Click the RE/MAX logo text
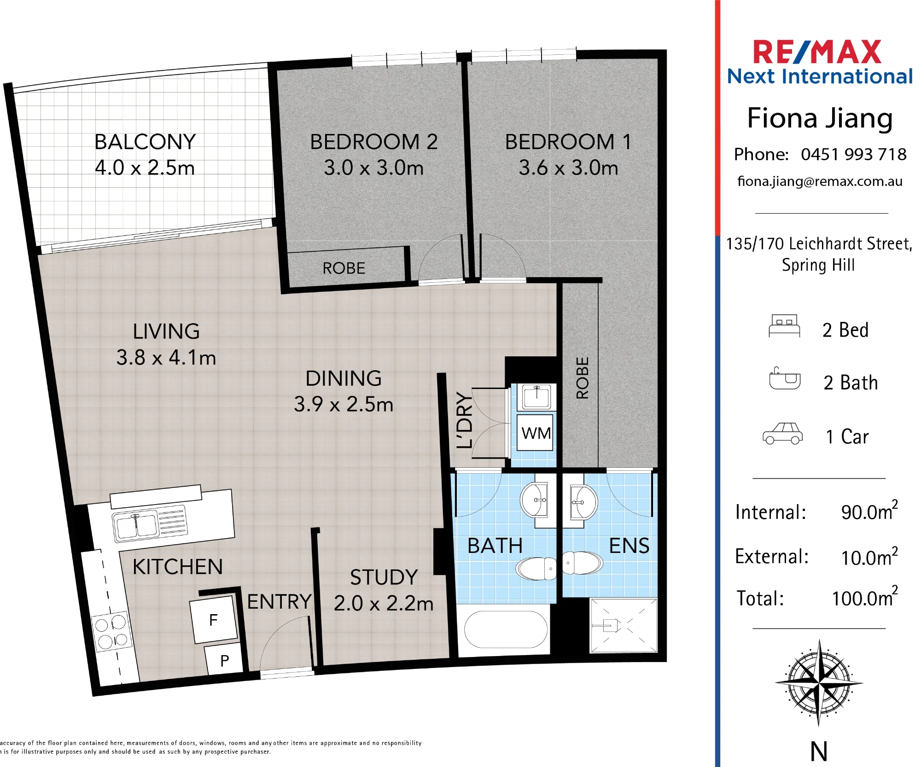click(817, 52)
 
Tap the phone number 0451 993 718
click(853, 154)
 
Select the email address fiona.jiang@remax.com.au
click(820, 181)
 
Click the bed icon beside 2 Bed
click(784, 326)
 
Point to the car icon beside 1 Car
click(783, 434)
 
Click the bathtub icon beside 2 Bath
click(785, 379)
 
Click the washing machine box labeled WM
click(536, 433)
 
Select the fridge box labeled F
click(214, 620)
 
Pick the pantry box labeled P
click(224, 660)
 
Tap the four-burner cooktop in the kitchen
click(111, 632)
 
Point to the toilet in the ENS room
click(582, 563)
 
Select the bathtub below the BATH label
click(506, 629)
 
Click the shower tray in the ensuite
click(624, 625)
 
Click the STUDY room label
click(384, 577)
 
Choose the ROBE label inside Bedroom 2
click(344, 268)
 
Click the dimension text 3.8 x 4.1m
click(166, 358)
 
